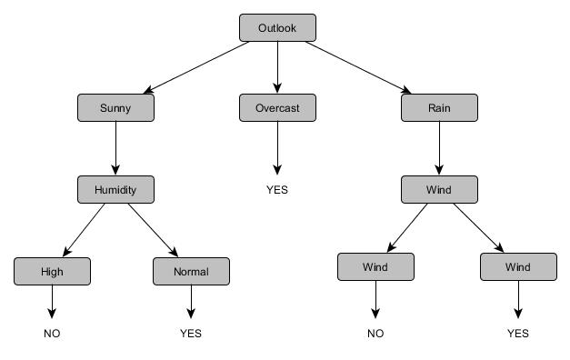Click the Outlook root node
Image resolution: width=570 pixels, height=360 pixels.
pos(278,28)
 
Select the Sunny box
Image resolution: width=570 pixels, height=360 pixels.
pos(115,108)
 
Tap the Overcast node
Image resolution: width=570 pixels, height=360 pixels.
pos(277,108)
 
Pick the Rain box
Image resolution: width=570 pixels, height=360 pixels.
pos(439,108)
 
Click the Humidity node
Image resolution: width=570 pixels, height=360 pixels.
pos(115,190)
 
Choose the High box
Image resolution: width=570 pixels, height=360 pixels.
pos(52,272)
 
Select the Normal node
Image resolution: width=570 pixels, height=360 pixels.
pos(191,272)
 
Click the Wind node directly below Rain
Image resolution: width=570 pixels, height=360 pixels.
pos(439,190)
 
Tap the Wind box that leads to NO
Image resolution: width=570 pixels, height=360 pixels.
pos(375,267)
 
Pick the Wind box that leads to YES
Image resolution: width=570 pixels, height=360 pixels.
pos(518,267)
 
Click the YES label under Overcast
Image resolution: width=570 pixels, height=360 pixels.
pos(277,190)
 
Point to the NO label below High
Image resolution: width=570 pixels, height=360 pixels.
pos(52,334)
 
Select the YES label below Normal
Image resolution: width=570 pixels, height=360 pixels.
pos(191,334)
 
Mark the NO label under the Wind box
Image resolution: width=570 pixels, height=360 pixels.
pos(375,334)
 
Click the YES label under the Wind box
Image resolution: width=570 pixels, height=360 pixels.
pos(518,334)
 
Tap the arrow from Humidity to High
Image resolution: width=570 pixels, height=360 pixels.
pos(84,231)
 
